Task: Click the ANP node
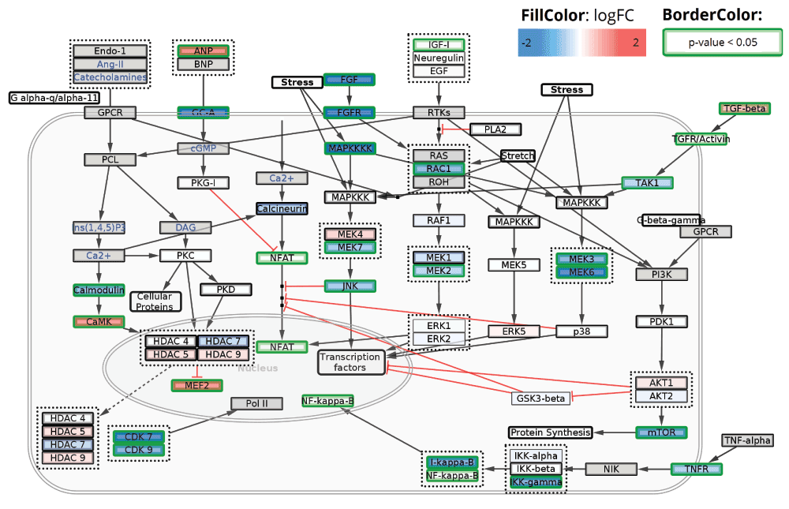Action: (204, 51)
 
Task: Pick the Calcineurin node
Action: (282, 209)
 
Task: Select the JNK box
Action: (350, 286)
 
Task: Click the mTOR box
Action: (661, 432)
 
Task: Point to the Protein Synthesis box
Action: (550, 432)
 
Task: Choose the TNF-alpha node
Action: (747, 440)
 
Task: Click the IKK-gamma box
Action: (536, 482)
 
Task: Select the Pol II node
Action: (256, 404)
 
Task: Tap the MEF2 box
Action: (197, 385)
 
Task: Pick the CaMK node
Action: (99, 321)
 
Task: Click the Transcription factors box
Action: (350, 362)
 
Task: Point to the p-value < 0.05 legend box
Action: (723, 42)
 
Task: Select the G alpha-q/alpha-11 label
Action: (54, 98)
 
